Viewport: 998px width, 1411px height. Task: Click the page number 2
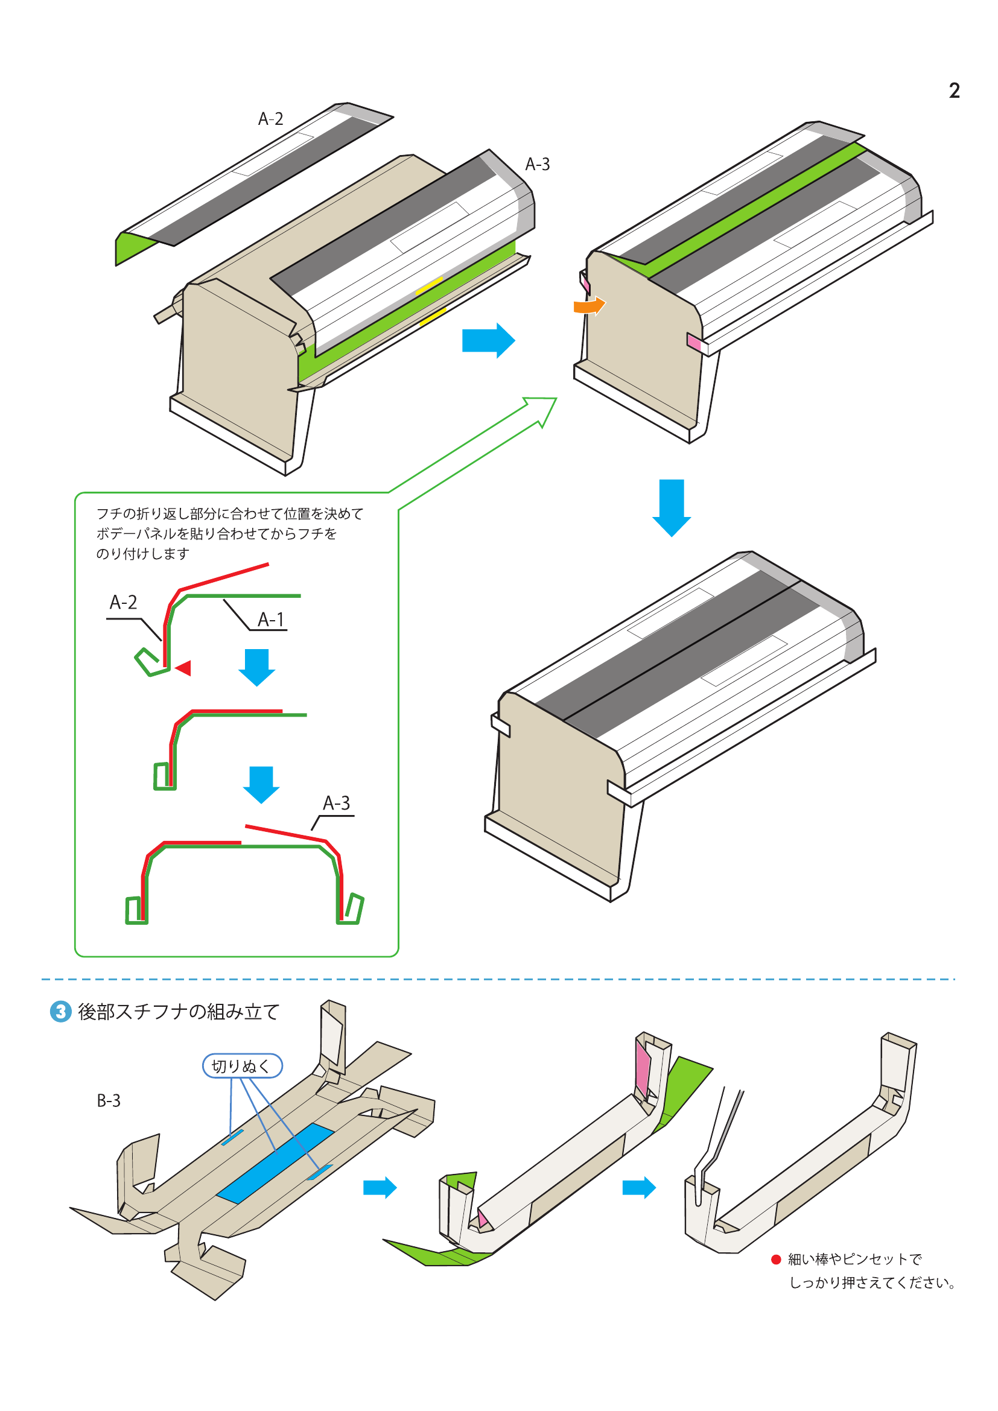tap(954, 91)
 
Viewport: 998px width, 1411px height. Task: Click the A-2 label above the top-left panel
tap(270, 119)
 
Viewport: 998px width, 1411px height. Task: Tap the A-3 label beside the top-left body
tap(537, 164)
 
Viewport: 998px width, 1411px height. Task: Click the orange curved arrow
tap(590, 305)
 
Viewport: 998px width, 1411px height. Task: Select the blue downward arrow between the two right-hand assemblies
tap(671, 506)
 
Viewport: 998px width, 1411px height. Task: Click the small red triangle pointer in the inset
tap(183, 668)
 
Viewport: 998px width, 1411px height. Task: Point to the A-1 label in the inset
tap(271, 620)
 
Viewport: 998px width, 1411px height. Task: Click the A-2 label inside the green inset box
tap(123, 602)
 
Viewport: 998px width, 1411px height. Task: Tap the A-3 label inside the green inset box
tap(336, 802)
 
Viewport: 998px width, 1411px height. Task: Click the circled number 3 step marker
tap(60, 1012)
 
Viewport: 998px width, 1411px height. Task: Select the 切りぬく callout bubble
tap(242, 1065)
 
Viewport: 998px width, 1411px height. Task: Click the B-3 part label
tap(109, 1101)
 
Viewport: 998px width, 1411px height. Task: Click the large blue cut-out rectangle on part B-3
tap(275, 1162)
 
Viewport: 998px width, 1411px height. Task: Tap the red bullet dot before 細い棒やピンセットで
tap(775, 1259)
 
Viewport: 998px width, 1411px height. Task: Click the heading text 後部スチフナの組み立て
tap(179, 1012)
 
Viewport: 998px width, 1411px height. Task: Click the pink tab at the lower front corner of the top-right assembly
tap(694, 342)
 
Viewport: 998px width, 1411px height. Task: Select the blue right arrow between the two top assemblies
tap(488, 340)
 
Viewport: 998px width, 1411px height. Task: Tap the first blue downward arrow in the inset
tap(256, 667)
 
